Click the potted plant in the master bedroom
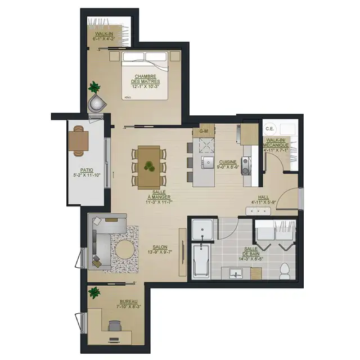(94, 88)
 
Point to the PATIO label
(87, 172)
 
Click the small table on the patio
(79, 139)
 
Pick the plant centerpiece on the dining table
(149, 166)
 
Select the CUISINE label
(228, 164)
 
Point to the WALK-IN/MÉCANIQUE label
(276, 145)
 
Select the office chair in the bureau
(114, 326)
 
